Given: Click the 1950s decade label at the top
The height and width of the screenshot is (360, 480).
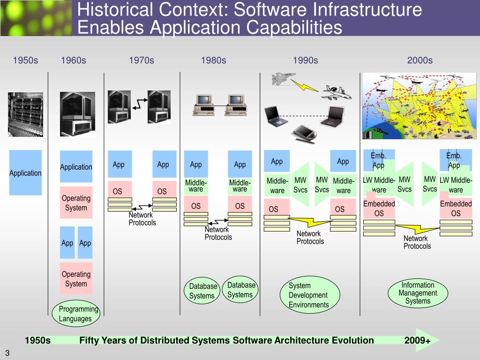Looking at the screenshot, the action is [x=25, y=60].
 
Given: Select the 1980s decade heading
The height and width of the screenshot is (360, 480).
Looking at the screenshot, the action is [x=213, y=60].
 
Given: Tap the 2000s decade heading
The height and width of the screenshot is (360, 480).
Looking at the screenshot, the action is [x=420, y=60].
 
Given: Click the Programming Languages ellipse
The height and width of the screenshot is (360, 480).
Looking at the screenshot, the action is [x=78, y=314].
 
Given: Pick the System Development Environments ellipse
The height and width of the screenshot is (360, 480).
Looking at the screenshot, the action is [x=308, y=295].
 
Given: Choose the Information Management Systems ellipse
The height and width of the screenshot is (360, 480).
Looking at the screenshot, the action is [x=417, y=293].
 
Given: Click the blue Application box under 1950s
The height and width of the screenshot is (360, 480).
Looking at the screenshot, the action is [x=26, y=172].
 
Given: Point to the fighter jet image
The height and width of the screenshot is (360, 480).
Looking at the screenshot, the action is [x=284, y=79].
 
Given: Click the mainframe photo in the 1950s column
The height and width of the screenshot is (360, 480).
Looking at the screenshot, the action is [x=25, y=114].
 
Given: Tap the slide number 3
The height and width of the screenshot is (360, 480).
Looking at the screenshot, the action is [x=7, y=353].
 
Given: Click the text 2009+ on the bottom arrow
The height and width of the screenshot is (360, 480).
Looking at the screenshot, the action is [x=417, y=340].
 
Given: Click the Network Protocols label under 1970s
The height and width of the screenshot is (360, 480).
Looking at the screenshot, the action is [x=142, y=218].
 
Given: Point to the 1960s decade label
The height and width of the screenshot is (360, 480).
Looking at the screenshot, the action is [x=74, y=60].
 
